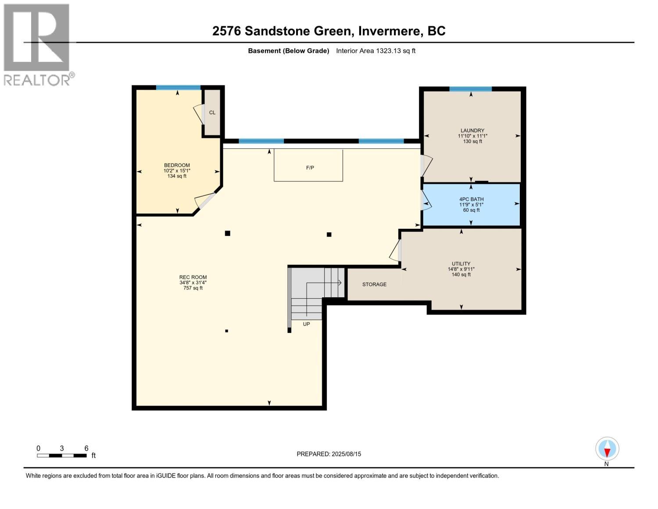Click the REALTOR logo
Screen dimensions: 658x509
point(39,44)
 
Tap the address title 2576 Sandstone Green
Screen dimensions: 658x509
point(283,31)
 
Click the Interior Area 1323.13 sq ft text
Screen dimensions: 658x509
point(375,51)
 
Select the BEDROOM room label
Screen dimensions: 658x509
point(177,165)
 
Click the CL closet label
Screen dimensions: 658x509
point(212,112)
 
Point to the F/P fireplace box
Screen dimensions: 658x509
point(308,165)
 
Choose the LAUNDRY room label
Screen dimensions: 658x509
point(472,131)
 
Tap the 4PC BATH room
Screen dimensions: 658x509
point(472,205)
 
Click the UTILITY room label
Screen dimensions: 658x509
point(461,264)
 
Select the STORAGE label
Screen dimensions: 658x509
point(375,284)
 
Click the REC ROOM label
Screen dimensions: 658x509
point(193,277)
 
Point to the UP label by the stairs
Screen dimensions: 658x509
point(307,324)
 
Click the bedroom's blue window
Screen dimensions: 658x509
point(179,87)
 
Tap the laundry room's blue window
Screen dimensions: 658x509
point(471,89)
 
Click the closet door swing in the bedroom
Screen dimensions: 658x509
point(199,114)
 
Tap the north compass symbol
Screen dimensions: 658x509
point(607,449)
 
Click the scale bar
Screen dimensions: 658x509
point(62,456)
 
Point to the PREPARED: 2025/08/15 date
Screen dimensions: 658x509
point(329,454)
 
